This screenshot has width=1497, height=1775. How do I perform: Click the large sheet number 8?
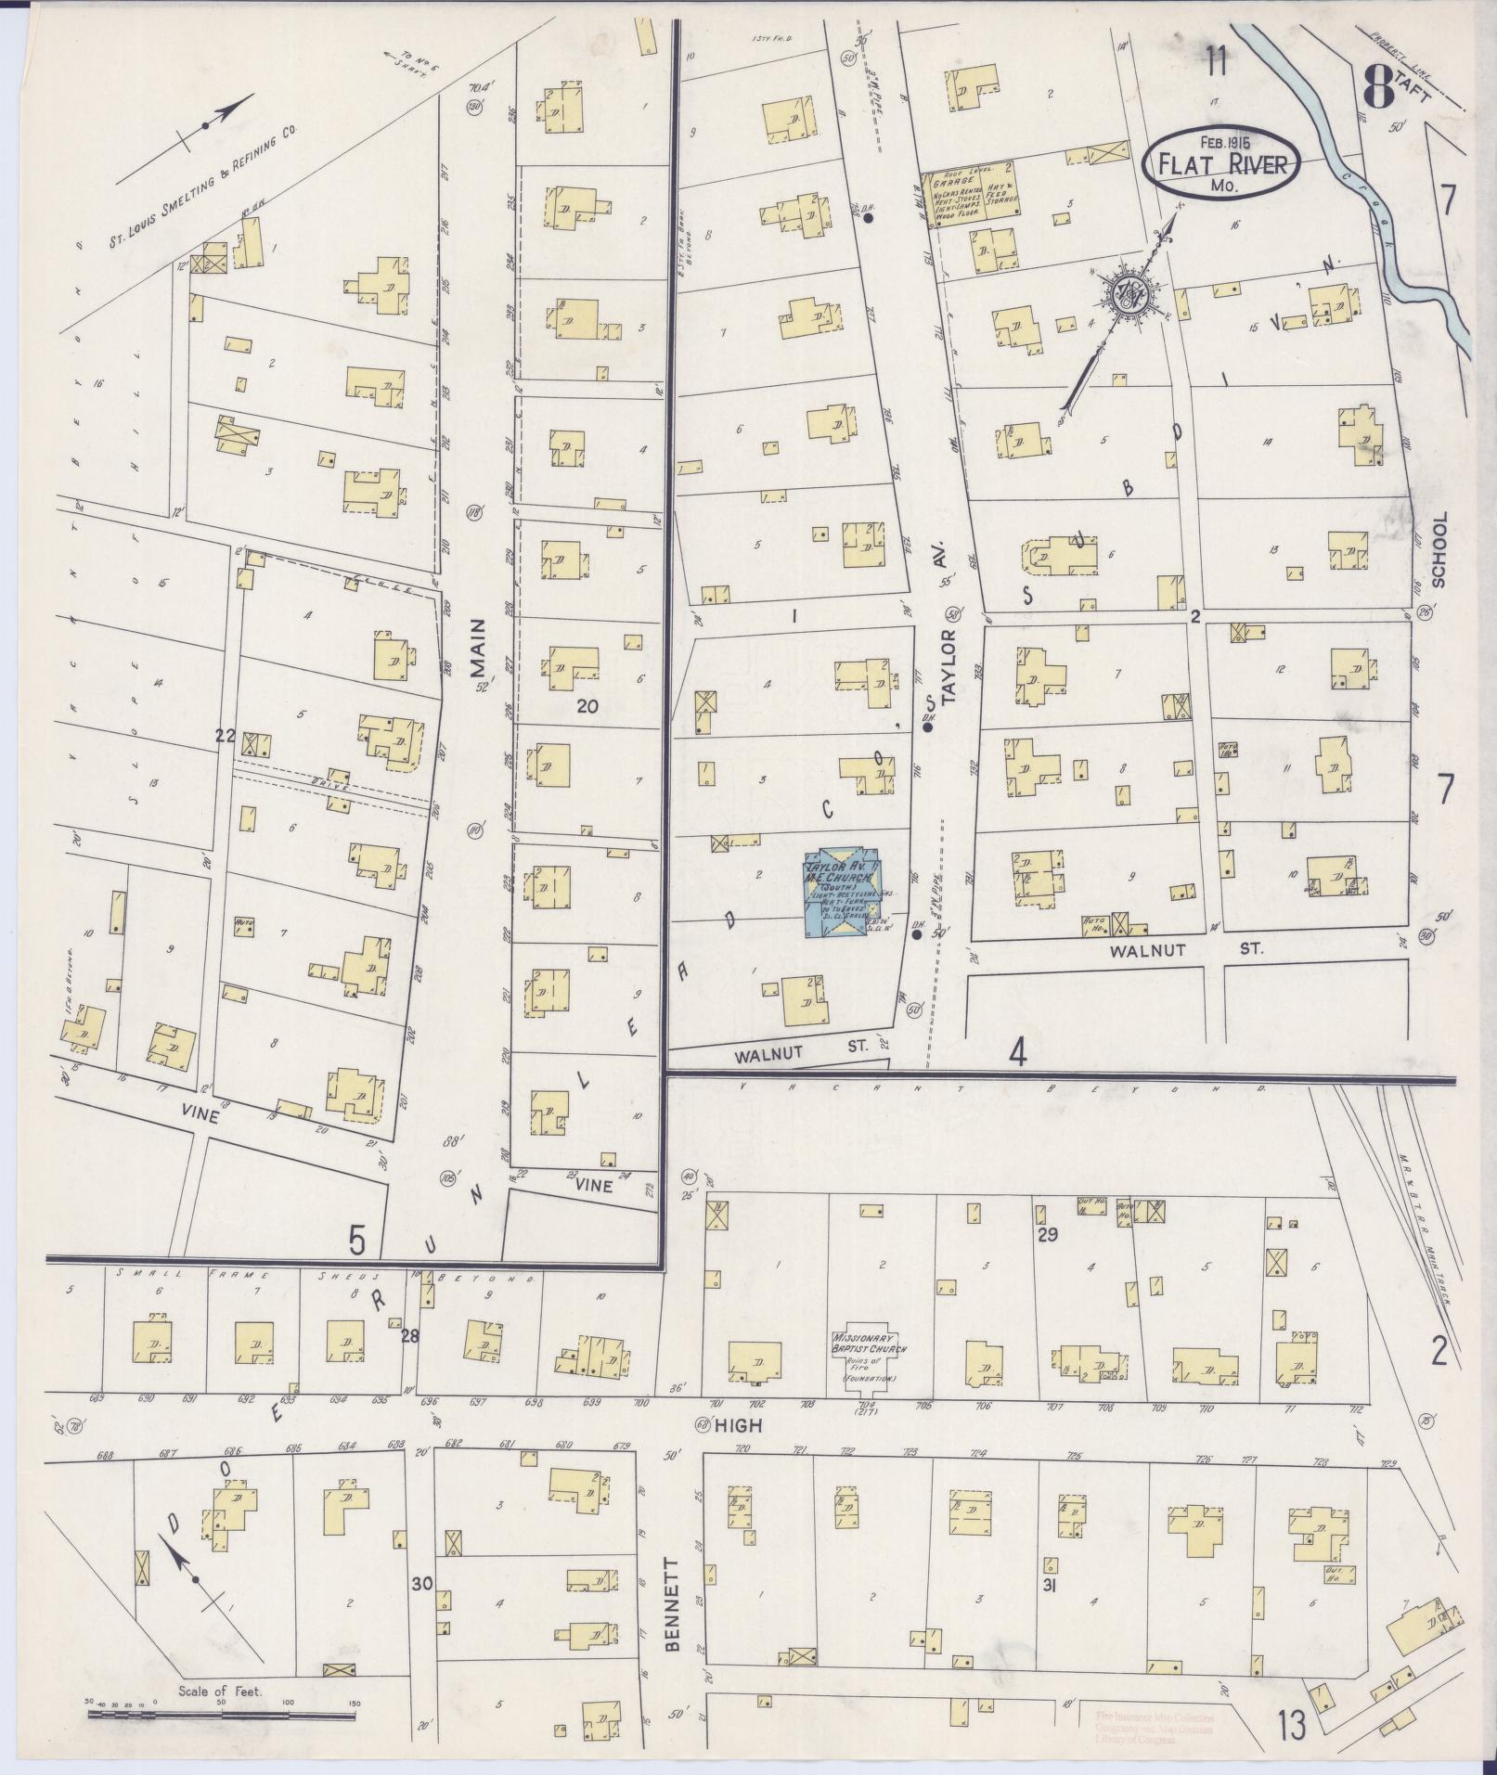coord(1380,91)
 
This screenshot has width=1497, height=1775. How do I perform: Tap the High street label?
coord(740,1450)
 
